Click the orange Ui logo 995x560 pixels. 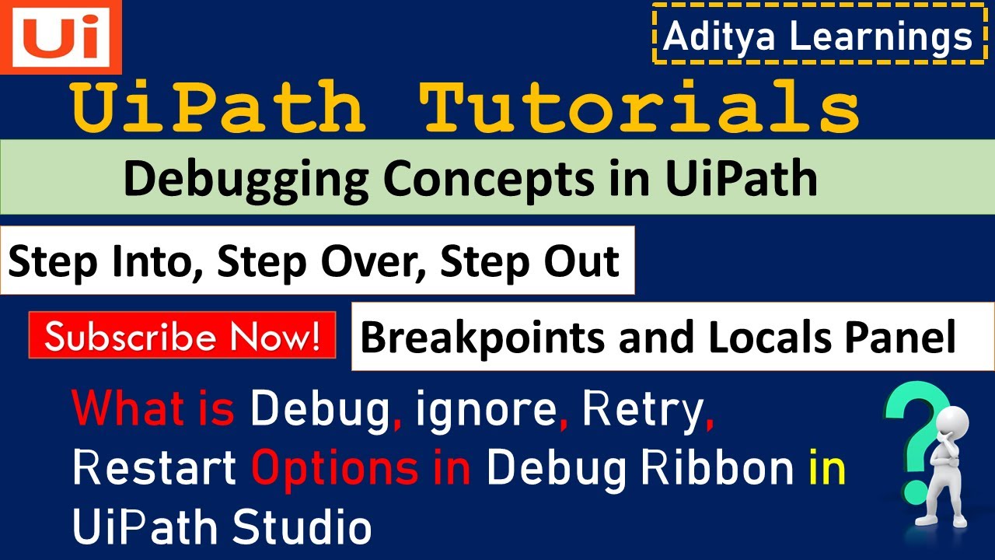pos(61,37)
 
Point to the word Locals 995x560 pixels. pos(770,337)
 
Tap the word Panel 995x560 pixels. pos(900,337)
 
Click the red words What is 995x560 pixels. pos(153,408)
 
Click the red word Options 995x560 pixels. pos(335,469)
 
